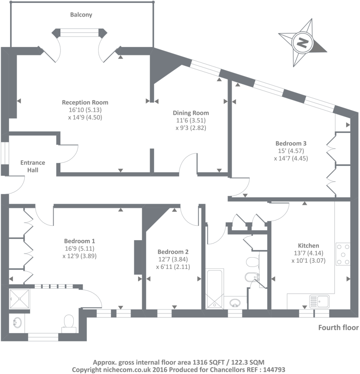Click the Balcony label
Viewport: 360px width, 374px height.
(81, 15)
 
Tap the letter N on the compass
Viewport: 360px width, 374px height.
(302, 43)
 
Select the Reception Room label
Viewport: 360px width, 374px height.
(85, 102)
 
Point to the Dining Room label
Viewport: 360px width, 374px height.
(191, 113)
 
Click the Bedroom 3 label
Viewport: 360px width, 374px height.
(291, 144)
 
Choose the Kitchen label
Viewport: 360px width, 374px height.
(308, 246)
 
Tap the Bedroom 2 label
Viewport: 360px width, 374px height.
(173, 252)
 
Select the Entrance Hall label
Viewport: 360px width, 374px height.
(33, 166)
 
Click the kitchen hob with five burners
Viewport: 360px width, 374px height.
(343, 254)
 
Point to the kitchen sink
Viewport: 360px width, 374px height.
(319, 301)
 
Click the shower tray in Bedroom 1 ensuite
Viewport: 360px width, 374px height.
(20, 299)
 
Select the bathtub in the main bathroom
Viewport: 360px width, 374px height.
(215, 289)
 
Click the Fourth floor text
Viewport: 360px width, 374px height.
(338, 327)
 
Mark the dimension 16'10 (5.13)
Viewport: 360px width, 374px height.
(85, 110)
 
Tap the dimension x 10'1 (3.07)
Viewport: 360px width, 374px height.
(308, 261)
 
